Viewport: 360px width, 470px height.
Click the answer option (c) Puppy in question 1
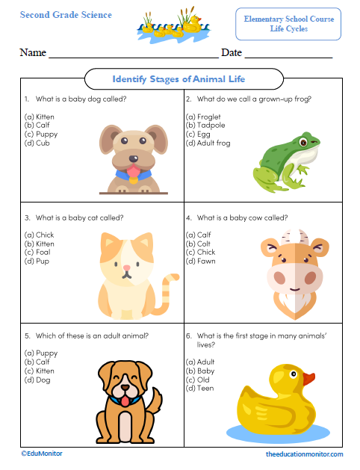click(x=39, y=134)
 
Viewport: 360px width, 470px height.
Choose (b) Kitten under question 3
click(x=39, y=244)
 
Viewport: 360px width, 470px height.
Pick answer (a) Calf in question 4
click(x=198, y=235)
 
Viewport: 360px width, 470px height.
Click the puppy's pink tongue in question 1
click(x=132, y=175)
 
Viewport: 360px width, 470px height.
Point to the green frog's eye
click(x=304, y=140)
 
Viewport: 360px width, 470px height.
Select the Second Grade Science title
click(x=66, y=15)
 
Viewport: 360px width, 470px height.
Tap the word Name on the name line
click(x=33, y=53)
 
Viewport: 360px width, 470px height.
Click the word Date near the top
click(x=232, y=53)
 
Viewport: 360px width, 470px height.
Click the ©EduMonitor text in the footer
click(x=41, y=454)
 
